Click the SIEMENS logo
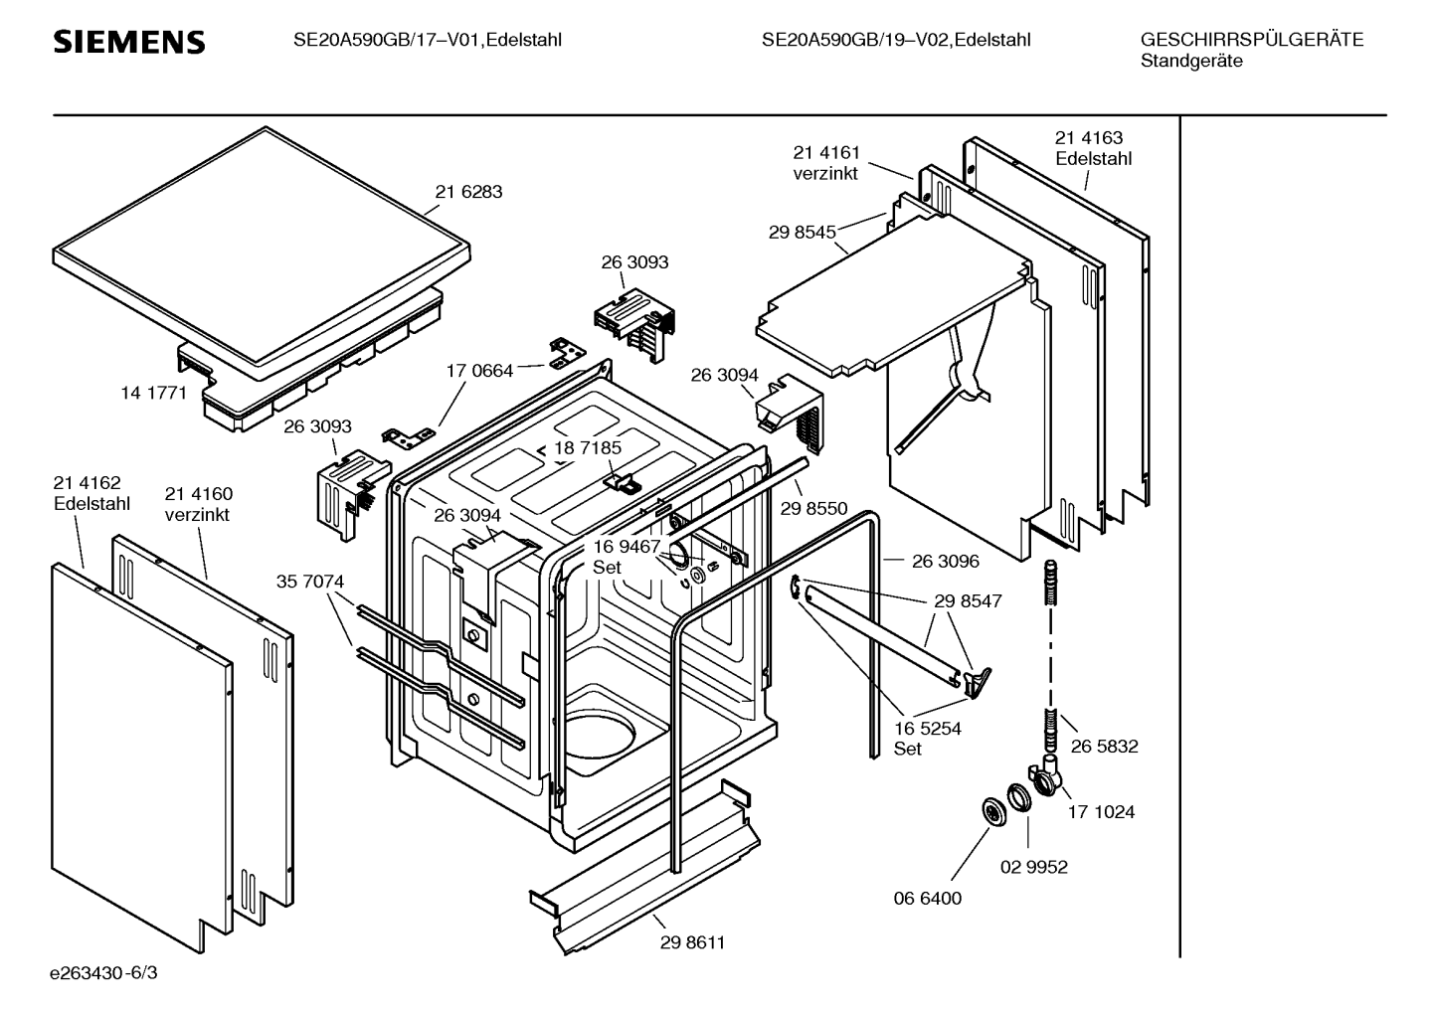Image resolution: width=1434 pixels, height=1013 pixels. [128, 42]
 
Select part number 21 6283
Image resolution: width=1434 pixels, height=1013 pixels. [468, 192]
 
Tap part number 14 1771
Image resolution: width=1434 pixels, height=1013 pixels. [153, 393]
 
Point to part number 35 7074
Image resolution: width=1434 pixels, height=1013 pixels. [310, 581]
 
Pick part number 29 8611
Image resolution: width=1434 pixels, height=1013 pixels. [692, 942]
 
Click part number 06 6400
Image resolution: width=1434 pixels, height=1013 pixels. [927, 898]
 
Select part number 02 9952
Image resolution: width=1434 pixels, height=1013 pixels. [1033, 867]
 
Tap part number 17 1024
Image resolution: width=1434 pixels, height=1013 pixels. [1101, 811]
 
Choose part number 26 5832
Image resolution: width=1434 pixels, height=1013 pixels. [1104, 746]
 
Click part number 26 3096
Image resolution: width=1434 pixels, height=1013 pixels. [945, 561]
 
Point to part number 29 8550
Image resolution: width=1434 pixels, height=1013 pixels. [813, 508]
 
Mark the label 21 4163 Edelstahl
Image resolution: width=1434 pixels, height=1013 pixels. [1093, 148]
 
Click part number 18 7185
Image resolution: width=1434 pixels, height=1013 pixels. [587, 447]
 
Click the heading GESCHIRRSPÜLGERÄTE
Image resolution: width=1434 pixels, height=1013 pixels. [1251, 40]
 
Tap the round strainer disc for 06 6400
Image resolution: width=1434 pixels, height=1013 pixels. [992, 810]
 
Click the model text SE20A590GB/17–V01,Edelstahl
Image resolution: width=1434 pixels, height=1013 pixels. [428, 40]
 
